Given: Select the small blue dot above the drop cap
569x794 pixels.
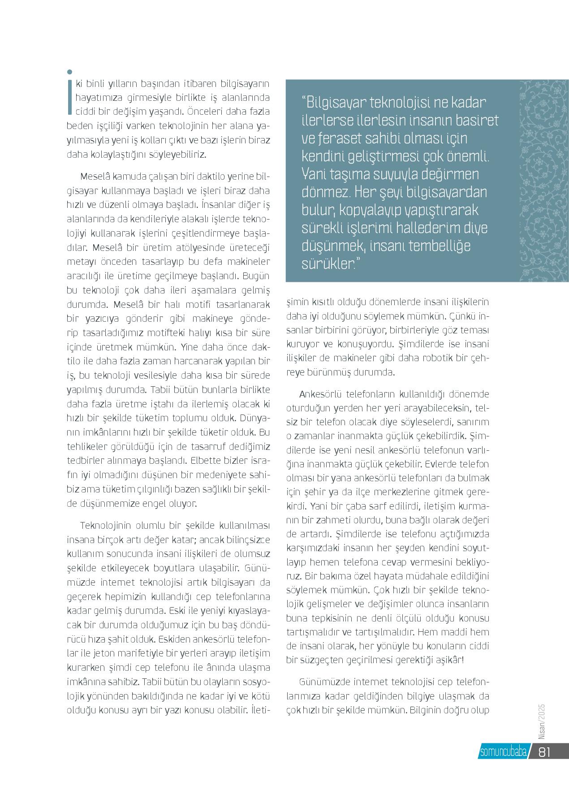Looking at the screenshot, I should click(x=69, y=72).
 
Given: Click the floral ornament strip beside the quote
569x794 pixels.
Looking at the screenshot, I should click(x=543, y=181).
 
